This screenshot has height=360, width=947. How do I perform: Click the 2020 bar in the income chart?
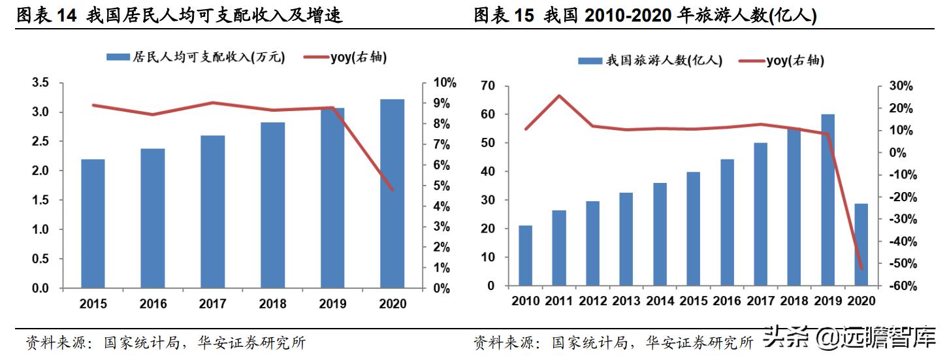coord(392,193)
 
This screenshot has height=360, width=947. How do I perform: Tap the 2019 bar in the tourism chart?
coord(827,200)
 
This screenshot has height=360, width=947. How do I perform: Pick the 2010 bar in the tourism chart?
coord(525,255)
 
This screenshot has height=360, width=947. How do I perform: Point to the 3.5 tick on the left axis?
coord(40,83)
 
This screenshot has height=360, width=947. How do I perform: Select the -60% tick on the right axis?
coord(899,286)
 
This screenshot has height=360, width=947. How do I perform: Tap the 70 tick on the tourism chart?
coord(487,86)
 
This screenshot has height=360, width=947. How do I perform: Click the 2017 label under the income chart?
coord(212,304)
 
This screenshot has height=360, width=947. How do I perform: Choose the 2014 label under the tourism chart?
coord(660,301)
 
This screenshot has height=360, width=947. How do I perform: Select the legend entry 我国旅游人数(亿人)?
coord(650,61)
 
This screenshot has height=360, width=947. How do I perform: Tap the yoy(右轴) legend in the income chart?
coord(346,57)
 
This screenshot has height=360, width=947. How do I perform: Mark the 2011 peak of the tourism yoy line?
coord(559,96)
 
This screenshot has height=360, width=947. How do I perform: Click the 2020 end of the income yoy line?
coord(392,189)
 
